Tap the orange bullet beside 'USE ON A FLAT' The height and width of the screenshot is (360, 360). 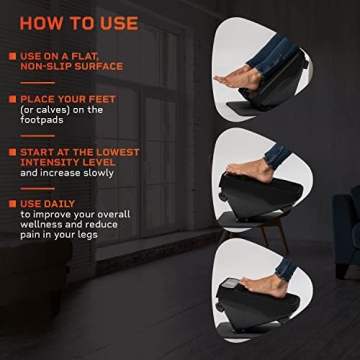point(10,56)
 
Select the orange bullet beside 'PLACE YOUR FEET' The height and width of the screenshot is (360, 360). point(10,99)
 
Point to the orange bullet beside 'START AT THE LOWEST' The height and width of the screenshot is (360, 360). point(10,152)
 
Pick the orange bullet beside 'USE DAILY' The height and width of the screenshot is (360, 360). point(10,204)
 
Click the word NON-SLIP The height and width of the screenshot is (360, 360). point(42,66)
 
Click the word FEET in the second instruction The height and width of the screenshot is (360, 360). point(102,99)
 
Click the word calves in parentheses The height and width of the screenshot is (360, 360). point(48,110)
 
